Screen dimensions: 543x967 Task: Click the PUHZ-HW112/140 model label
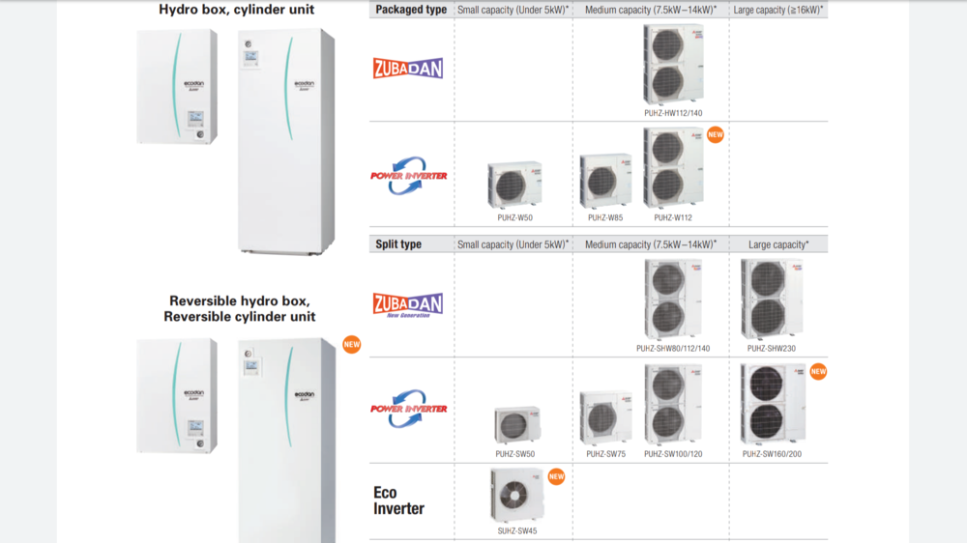coord(673,112)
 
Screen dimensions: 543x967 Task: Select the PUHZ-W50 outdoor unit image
coord(514,185)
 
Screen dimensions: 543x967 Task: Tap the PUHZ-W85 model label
coord(604,217)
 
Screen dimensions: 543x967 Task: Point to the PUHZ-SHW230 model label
coord(771,348)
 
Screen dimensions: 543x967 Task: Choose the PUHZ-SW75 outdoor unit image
coord(605,418)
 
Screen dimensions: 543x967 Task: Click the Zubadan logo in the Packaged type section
coord(408,69)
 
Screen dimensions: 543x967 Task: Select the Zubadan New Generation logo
coord(408,305)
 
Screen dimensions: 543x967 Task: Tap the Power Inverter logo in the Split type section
coord(408,410)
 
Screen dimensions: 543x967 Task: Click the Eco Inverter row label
coord(398,500)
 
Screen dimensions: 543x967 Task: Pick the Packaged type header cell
coord(411,10)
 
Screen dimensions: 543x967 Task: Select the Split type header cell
coord(398,244)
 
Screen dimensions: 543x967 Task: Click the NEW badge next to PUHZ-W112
coord(716,135)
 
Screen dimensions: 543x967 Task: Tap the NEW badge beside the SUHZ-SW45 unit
coord(556,476)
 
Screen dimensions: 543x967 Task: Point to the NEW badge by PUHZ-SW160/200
coord(818,371)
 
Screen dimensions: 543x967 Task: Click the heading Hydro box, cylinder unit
coord(236,10)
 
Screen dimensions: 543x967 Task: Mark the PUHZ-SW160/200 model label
coord(772,453)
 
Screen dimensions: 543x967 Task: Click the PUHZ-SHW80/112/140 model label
coord(673,348)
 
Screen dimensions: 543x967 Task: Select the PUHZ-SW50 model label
coord(514,453)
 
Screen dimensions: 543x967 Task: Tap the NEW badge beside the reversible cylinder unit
coord(351,344)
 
